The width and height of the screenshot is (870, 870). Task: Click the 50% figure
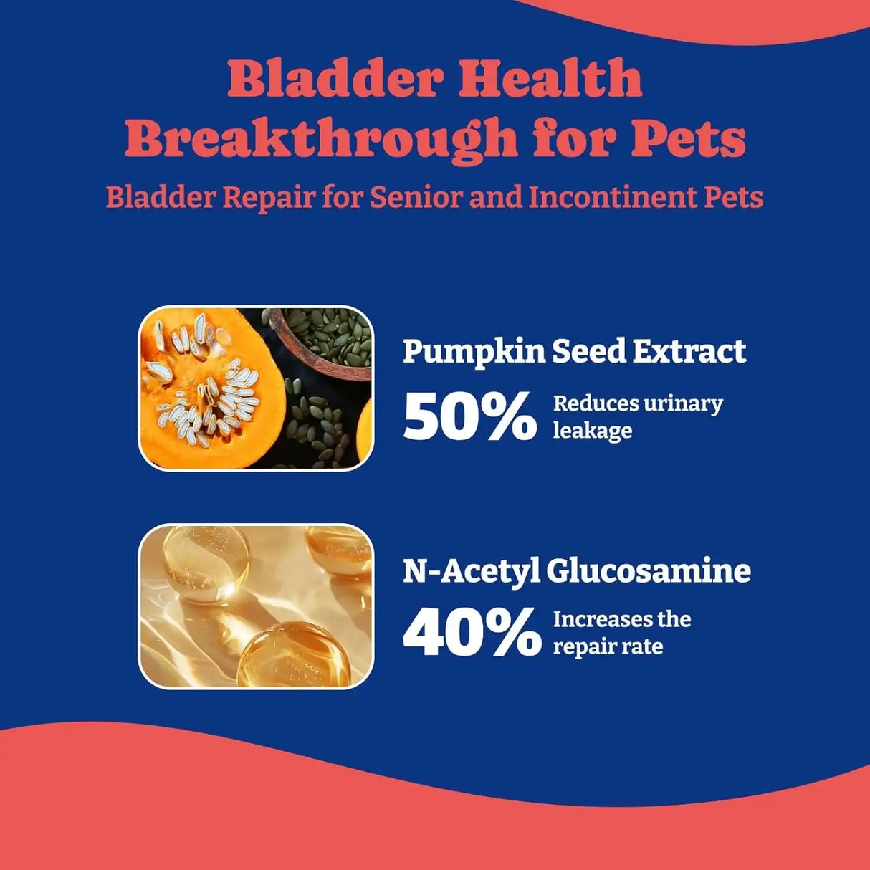click(x=469, y=416)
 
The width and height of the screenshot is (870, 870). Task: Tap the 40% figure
click(x=472, y=633)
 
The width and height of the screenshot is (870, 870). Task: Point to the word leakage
click(x=592, y=431)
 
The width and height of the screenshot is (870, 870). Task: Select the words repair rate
click(x=608, y=647)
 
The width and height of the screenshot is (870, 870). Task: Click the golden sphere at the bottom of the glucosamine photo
click(x=294, y=656)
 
